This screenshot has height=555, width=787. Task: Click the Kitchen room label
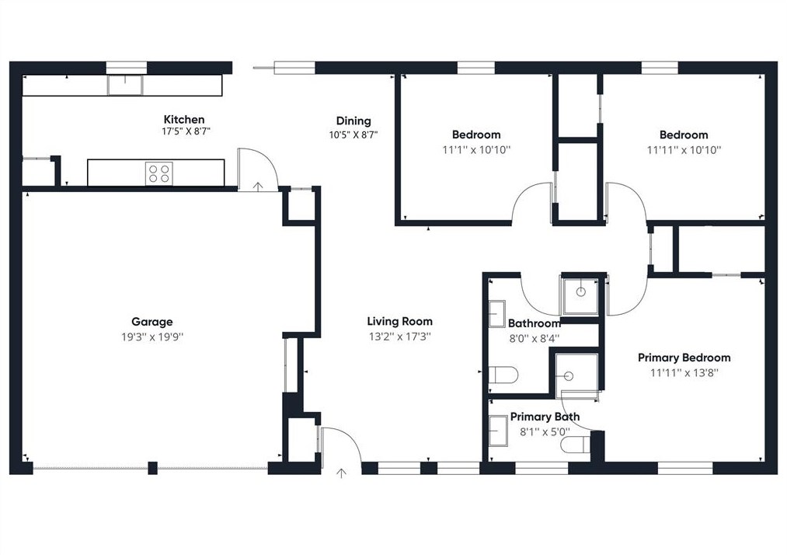[184, 120]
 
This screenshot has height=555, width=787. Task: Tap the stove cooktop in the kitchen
[159, 173]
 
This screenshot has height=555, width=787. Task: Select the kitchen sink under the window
[125, 85]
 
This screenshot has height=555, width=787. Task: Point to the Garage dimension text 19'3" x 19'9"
[152, 337]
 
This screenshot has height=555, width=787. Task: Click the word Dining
[353, 121]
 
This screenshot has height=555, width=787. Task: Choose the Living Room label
[399, 322]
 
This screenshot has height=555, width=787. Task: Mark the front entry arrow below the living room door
[341, 473]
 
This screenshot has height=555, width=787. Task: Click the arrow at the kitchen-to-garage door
[257, 187]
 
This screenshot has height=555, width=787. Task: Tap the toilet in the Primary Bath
[576, 444]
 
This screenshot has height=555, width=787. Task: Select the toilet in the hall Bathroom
[503, 374]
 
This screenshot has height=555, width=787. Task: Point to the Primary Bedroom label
[684, 358]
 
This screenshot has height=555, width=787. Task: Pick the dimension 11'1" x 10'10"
[475, 150]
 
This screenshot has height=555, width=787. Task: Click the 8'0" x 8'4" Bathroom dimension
[534, 339]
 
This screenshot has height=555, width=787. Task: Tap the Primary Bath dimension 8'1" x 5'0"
[545, 432]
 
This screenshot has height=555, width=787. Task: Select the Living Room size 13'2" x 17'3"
[399, 337]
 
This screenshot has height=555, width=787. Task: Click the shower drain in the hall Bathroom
[580, 291]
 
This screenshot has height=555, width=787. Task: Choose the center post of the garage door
[152, 468]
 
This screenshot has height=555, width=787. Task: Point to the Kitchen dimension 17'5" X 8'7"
[184, 131]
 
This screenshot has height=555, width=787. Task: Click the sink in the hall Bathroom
[497, 314]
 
